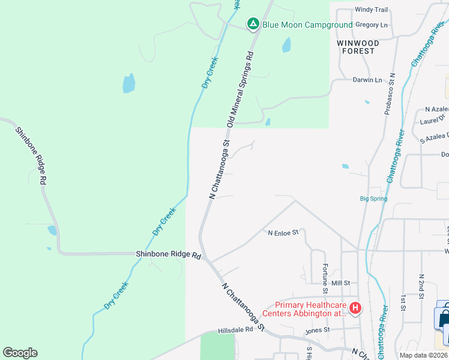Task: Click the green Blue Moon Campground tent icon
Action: coord(253,24)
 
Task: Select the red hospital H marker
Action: coord(355,308)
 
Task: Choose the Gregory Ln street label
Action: coord(372,25)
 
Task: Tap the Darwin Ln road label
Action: coord(366,80)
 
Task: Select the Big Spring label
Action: coord(373,199)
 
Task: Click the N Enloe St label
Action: coord(283,233)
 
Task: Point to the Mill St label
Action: coord(340,283)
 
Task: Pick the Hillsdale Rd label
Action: coord(237,329)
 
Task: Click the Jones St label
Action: coord(318,329)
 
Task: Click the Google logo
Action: coord(20,353)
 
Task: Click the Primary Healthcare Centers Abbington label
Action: coord(310,308)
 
